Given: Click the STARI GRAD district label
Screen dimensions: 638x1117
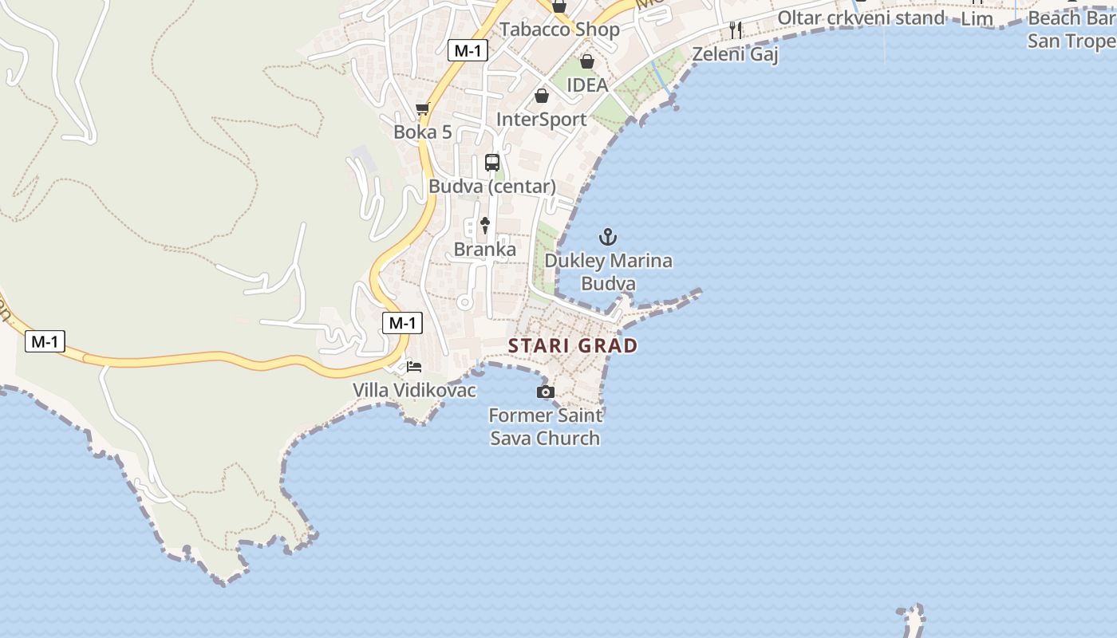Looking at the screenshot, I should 573,345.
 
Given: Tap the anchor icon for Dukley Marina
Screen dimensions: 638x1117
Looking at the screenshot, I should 608,237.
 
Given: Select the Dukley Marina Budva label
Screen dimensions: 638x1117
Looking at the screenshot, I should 608,272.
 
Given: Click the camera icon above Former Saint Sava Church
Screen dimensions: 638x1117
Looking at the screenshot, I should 546,392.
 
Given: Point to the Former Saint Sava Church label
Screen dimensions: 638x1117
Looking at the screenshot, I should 545,427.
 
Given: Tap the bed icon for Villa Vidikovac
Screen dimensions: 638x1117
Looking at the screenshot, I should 414,367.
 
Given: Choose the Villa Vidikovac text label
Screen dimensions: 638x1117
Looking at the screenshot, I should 415,390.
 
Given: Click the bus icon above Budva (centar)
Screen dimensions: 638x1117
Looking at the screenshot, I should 492,163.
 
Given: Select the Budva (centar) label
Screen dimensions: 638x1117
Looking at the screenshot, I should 492,187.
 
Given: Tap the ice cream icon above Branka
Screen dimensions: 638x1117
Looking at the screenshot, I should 484,225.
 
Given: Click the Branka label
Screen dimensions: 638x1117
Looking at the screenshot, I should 484,250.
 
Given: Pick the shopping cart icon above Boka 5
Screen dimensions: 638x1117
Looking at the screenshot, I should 423,108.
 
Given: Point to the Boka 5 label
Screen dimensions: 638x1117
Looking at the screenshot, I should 423,132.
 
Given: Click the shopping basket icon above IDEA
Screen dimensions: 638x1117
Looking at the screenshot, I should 587,61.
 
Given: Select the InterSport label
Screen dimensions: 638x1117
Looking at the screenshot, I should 541,120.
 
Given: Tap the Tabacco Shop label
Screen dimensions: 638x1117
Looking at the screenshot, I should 559,30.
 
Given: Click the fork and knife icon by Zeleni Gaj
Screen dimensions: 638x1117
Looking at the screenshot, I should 736,30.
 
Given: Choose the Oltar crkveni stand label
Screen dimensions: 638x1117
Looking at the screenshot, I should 861,18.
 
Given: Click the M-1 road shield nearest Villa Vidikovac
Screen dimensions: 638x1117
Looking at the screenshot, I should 402,323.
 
